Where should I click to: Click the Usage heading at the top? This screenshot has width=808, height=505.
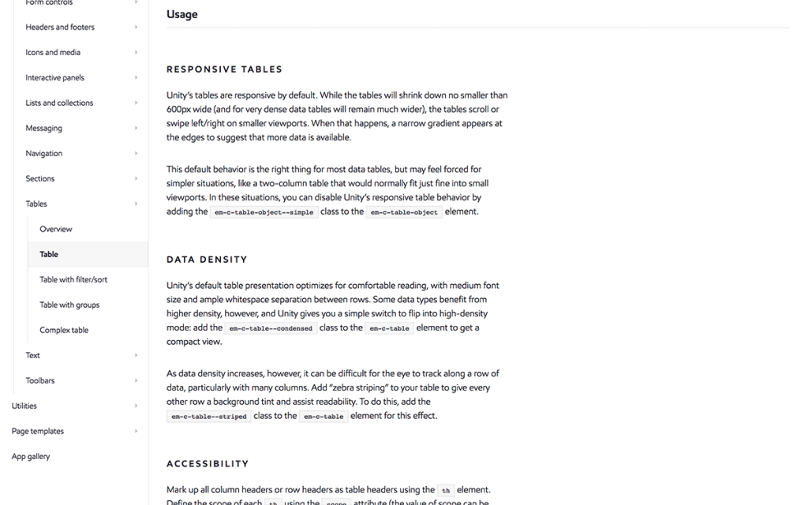point(182,14)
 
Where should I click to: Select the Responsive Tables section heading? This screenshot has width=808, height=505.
point(224,69)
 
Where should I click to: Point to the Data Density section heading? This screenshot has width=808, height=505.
point(207,260)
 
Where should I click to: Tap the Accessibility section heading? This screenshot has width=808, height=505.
point(208,464)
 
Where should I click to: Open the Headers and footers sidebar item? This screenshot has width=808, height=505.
point(60,27)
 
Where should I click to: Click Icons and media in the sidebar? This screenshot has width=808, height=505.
point(53,52)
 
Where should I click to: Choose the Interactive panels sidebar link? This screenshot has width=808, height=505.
point(54,77)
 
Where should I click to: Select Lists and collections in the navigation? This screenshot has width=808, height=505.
point(59,103)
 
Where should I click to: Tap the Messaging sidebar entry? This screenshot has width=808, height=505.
point(43,128)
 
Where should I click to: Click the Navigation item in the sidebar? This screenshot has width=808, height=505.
point(43,153)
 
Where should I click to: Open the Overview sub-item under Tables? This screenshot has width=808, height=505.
point(56,229)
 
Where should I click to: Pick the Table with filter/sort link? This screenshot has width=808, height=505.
point(73,279)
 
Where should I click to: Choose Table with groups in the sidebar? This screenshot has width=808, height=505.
point(69,305)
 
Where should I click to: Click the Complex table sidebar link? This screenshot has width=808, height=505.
point(64,330)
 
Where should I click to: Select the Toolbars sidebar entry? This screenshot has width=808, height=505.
point(40,380)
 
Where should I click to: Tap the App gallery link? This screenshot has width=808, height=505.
point(31,456)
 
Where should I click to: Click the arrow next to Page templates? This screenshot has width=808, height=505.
point(136,431)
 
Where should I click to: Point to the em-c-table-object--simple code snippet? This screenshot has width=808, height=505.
point(264,212)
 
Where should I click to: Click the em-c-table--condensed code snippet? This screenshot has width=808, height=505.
point(271,328)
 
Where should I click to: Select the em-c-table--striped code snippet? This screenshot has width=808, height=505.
point(209,417)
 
